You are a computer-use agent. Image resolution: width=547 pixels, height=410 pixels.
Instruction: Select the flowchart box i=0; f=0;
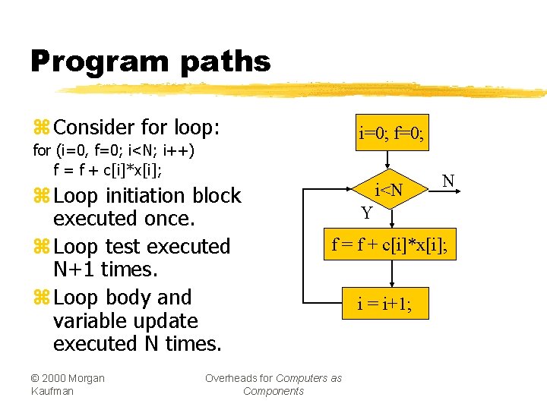(x=391, y=135)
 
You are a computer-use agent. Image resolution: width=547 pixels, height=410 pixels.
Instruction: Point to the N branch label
(x=448, y=181)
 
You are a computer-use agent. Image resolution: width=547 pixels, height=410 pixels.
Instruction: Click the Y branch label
(x=367, y=213)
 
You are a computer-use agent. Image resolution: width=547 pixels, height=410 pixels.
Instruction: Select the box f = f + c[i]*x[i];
(x=390, y=244)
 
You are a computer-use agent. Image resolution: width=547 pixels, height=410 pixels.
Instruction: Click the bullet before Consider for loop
(x=41, y=127)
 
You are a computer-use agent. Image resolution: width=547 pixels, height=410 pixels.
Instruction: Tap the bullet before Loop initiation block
(x=41, y=196)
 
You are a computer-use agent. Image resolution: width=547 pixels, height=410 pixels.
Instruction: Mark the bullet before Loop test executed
(x=41, y=247)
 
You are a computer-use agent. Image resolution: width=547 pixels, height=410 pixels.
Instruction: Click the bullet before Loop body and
(x=41, y=298)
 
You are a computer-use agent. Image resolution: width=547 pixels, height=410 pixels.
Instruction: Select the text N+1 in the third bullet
(x=74, y=270)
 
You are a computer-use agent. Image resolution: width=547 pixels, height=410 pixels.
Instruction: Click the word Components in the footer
(x=273, y=391)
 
